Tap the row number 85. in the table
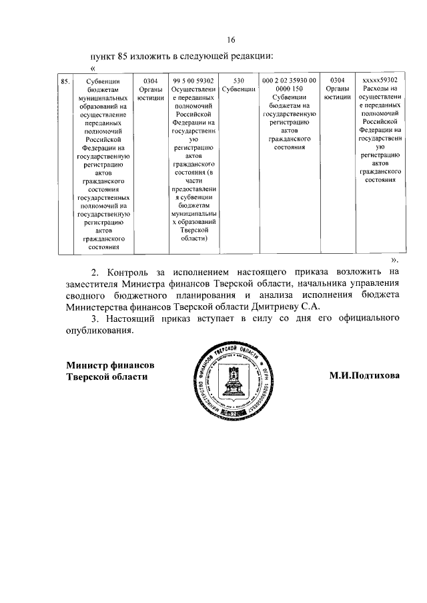(x=65, y=81)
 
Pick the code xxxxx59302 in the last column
(x=379, y=81)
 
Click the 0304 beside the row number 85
(x=150, y=81)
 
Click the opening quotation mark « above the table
(x=92, y=69)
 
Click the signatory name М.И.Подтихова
(x=364, y=376)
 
